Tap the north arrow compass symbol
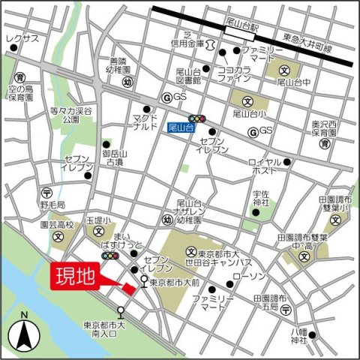(24, 331)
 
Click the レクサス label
(22, 38)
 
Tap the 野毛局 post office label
(52, 204)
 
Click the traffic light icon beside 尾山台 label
(197, 118)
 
